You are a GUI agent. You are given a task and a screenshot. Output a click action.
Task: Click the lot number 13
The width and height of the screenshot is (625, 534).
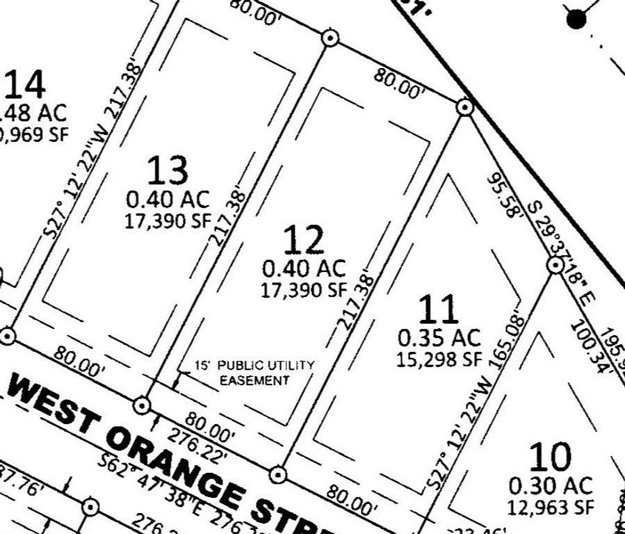tap(168, 169)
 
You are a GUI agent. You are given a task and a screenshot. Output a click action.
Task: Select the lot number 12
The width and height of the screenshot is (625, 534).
tap(304, 239)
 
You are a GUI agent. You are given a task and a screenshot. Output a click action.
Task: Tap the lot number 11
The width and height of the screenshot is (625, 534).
tap(439, 309)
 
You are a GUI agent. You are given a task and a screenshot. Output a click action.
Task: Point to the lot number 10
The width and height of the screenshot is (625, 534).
tap(551, 457)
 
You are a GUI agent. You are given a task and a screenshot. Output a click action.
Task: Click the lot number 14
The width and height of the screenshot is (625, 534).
tap(26, 85)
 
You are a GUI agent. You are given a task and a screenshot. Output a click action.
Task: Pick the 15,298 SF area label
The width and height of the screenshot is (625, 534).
tap(439, 359)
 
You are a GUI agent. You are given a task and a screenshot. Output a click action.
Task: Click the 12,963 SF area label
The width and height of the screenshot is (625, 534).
tap(551, 507)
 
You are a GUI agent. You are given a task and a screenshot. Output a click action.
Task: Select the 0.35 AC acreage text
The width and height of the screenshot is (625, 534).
tap(439, 339)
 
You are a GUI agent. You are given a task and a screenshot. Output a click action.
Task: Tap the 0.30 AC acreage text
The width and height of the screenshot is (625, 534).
tap(551, 485)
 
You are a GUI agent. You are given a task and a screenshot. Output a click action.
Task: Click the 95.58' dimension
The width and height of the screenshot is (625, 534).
tap(503, 195)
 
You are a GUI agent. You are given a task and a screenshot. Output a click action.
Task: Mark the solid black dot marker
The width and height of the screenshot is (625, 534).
tap(576, 19)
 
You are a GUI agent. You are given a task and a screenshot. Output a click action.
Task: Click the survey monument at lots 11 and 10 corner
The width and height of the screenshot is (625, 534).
tap(555, 265)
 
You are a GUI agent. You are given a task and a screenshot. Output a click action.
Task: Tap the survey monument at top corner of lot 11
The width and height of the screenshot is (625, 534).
tap(464, 107)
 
